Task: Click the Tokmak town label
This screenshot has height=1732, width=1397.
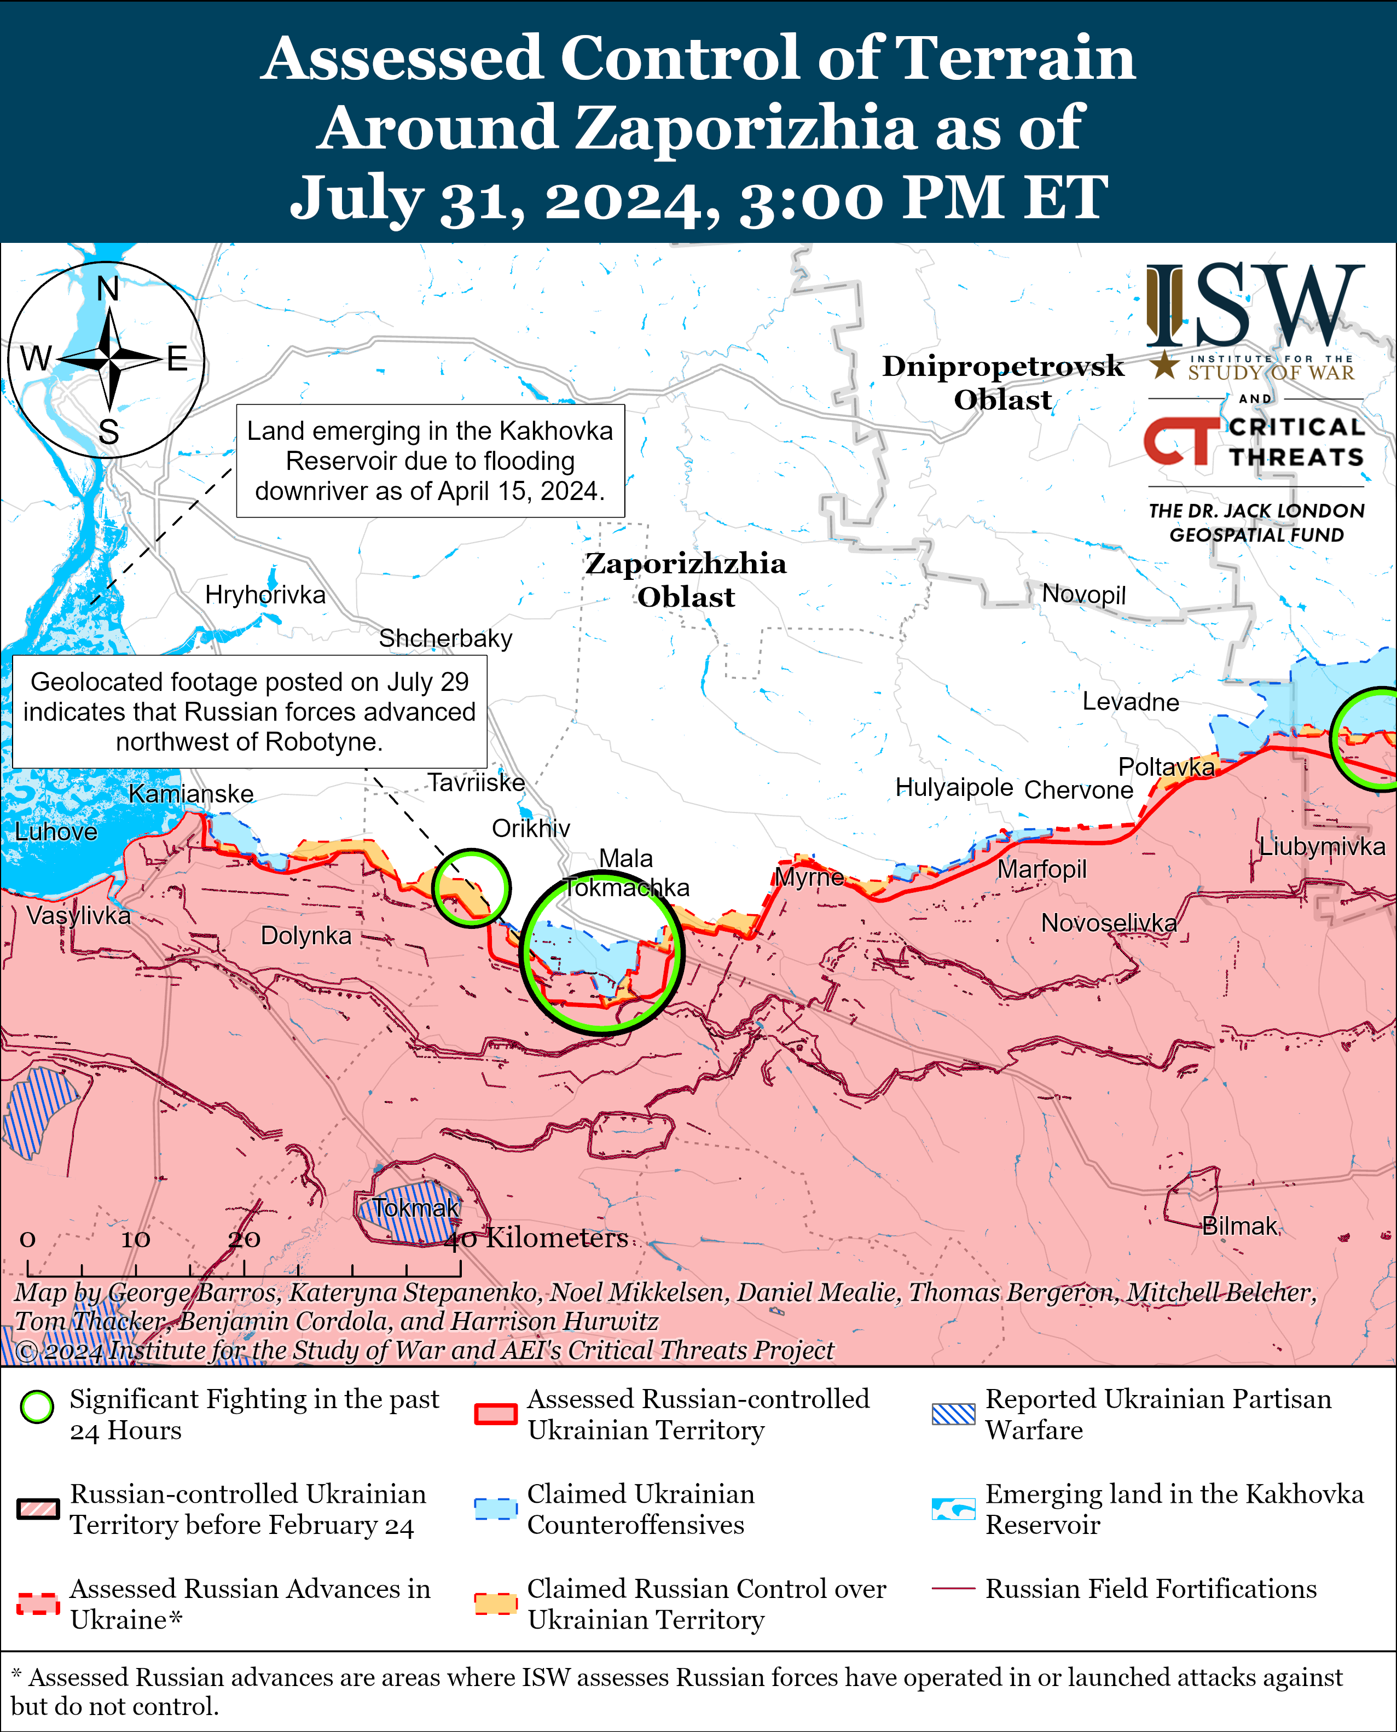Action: (x=415, y=1208)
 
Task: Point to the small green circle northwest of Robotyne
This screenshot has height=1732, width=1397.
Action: (x=472, y=887)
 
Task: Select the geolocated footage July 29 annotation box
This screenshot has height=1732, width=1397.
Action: (x=250, y=711)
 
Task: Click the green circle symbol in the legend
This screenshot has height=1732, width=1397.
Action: (x=37, y=1407)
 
